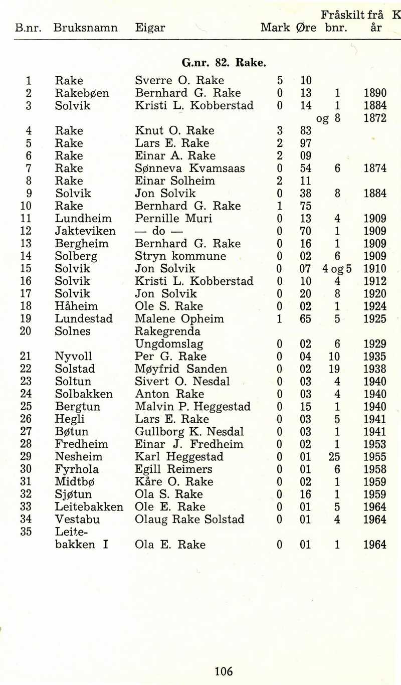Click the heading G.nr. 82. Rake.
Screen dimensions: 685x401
[x=224, y=63]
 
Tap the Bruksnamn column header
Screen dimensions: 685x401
[x=85, y=28]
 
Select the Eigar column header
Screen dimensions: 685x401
[x=150, y=28]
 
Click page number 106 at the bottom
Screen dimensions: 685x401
[x=224, y=671]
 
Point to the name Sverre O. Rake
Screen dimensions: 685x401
[x=179, y=81]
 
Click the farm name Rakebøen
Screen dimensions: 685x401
[x=82, y=93]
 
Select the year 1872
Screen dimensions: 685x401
[x=375, y=118]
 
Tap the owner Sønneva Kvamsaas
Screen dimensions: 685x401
[x=190, y=168]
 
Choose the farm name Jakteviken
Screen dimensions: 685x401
[x=85, y=231]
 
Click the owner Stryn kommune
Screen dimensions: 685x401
[x=180, y=256]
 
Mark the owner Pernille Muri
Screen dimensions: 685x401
[x=173, y=219]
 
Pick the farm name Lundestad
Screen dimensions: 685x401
[x=84, y=319]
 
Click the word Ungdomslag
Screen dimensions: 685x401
[x=169, y=345]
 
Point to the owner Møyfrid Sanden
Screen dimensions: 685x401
[x=181, y=369]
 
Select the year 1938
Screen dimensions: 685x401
[x=375, y=369]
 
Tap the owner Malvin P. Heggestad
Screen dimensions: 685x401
[x=192, y=407]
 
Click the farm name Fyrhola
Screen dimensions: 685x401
[x=77, y=469]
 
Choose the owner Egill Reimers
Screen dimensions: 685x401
[x=173, y=469]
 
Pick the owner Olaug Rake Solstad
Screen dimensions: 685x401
[x=189, y=520]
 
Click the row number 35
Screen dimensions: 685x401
[x=26, y=532]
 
